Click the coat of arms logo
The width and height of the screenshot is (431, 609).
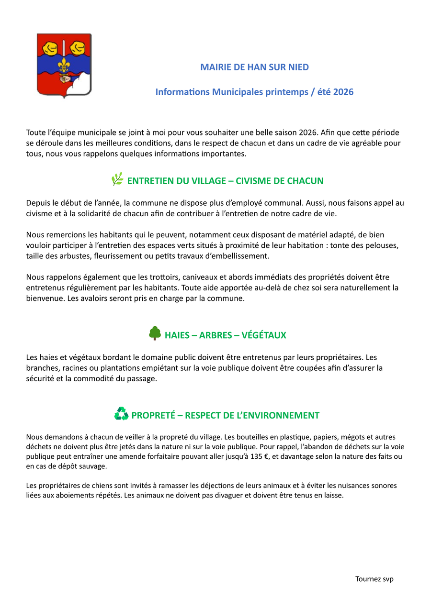click(x=64, y=65)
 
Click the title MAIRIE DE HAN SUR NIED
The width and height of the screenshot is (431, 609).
click(x=254, y=67)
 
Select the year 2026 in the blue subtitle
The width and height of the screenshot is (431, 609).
click(x=343, y=92)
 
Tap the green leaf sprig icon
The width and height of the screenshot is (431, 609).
click(x=117, y=179)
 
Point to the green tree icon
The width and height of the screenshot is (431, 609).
click(x=154, y=333)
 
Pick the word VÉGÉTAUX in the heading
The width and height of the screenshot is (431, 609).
click(x=264, y=335)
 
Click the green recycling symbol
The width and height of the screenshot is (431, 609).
click(x=121, y=413)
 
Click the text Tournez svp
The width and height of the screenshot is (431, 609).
click(x=374, y=579)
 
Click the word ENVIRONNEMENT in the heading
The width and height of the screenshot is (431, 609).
click(x=283, y=415)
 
